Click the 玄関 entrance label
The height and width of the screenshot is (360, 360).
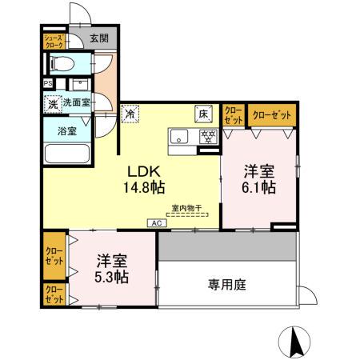point(99,38)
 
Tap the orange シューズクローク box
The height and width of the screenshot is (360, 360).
point(54,41)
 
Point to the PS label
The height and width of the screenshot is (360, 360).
point(47,82)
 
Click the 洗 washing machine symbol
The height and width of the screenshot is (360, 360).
point(51,103)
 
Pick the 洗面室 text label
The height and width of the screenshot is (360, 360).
point(77,102)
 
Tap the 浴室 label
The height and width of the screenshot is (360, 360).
point(66,130)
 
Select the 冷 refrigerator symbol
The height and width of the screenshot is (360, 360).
point(129,114)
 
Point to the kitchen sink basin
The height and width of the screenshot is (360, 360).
point(179,134)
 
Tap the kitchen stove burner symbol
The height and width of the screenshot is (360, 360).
point(206,135)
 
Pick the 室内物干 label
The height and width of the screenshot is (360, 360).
point(186,209)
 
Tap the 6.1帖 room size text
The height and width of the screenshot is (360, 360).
point(260,188)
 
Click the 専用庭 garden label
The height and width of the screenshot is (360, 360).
point(226,284)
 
